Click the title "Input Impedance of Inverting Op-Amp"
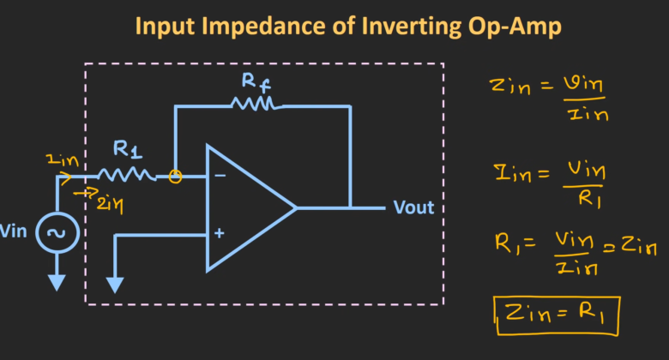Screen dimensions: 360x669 coord(347,27)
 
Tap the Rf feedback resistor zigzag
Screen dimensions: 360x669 coord(254,105)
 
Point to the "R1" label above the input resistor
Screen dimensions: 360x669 coord(127,151)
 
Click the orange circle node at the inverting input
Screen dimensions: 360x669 coord(175,177)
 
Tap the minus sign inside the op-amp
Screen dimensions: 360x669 coord(220,177)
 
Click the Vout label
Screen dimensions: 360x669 coord(413,207)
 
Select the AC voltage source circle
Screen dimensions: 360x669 coord(57,233)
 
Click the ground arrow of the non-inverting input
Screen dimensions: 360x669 coord(114,283)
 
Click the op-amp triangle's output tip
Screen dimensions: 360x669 coord(295,207)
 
